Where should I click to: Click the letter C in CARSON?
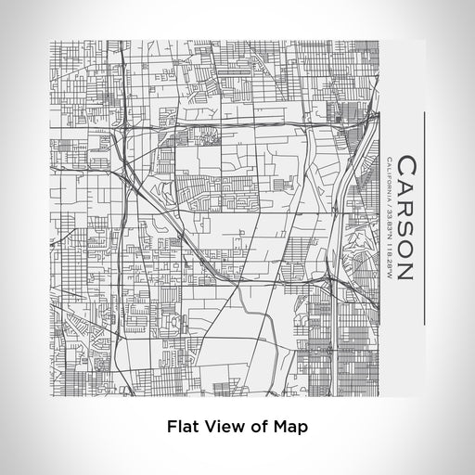(407, 165)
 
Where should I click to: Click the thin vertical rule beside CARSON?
(425, 219)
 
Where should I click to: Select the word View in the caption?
(226, 428)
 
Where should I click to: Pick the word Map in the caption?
(291, 428)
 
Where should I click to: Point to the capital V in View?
(212, 428)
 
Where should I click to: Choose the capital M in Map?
(281, 428)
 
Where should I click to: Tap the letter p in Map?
(302, 430)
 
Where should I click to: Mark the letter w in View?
(239, 429)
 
